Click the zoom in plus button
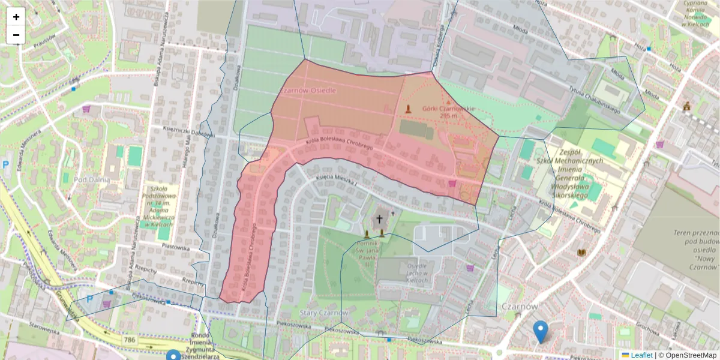tap(16, 17)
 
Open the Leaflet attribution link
tap(641, 355)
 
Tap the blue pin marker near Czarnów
tap(541, 331)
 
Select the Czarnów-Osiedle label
tap(308, 90)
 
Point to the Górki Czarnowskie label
tap(448, 111)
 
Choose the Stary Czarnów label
tap(323, 313)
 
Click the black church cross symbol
tap(379, 220)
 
